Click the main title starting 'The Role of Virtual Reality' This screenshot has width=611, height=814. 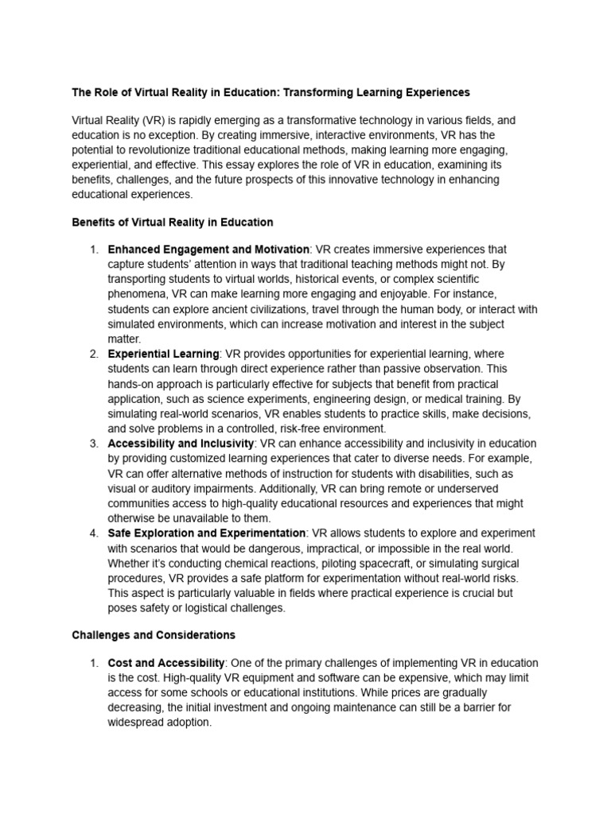click(271, 92)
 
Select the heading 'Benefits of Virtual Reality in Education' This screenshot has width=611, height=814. click(173, 222)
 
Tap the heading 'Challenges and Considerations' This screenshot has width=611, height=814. click(154, 635)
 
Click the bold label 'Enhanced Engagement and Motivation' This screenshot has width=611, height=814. click(208, 250)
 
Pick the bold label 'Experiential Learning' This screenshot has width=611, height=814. click(164, 353)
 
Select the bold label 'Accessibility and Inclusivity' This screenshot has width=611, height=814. click(181, 443)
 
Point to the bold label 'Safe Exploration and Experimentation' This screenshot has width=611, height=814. click(207, 533)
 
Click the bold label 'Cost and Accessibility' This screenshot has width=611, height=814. click(167, 663)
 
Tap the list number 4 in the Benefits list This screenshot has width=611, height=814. click(93, 533)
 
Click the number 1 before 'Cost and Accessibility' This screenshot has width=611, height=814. click(93, 663)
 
